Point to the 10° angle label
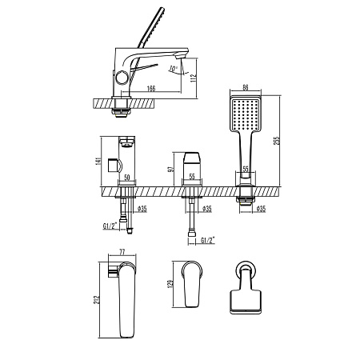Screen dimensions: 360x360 174,69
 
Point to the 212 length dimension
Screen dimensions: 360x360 96,299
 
